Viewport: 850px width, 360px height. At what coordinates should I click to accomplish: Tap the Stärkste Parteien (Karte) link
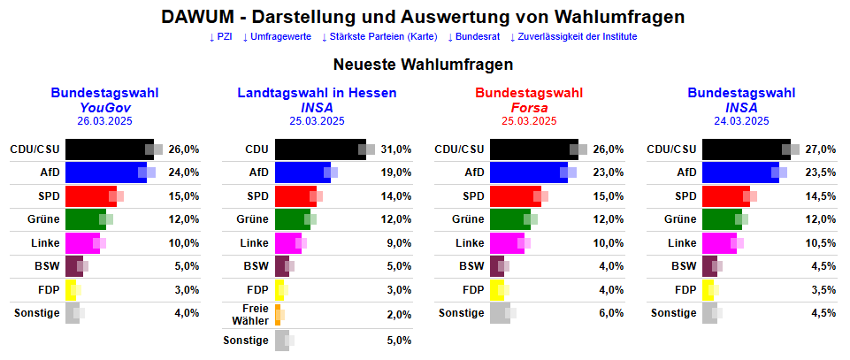[379, 37]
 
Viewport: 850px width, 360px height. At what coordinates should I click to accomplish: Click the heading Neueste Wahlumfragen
[424, 65]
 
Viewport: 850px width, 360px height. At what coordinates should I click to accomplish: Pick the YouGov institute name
[104, 107]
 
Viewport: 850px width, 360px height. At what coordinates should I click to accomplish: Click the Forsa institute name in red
[529, 107]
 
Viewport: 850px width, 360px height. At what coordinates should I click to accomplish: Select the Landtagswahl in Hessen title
[317, 93]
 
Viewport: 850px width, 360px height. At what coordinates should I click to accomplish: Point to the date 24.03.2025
[741, 121]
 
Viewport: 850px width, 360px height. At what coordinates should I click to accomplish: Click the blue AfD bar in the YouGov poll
[104, 172]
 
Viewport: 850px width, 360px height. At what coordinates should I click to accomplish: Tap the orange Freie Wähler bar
[278, 314]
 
